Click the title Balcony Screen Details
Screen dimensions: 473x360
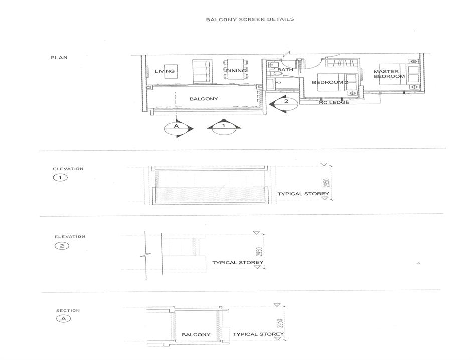pos(250,19)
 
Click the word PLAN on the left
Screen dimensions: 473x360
pos(59,57)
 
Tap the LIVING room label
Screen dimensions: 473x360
pos(165,71)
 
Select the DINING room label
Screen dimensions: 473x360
pos(236,71)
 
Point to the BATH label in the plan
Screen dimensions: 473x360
pos(285,69)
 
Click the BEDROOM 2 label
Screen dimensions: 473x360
pos(330,82)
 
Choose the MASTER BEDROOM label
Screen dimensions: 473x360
pos(389,74)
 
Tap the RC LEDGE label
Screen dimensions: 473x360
pos(334,103)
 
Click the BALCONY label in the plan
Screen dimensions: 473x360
pos(204,99)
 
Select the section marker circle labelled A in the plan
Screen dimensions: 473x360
pos(177,129)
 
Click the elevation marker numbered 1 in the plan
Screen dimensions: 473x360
pos(224,128)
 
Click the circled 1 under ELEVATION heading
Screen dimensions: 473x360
pos(60,178)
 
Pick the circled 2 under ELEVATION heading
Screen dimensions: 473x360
pos(62,246)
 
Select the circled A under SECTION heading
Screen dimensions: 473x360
pos(63,319)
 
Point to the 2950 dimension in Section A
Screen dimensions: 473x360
pos(280,323)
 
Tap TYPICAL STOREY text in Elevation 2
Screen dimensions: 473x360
pos(238,263)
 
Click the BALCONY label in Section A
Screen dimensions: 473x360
pos(196,335)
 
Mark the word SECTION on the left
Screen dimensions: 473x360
pos(68,310)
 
